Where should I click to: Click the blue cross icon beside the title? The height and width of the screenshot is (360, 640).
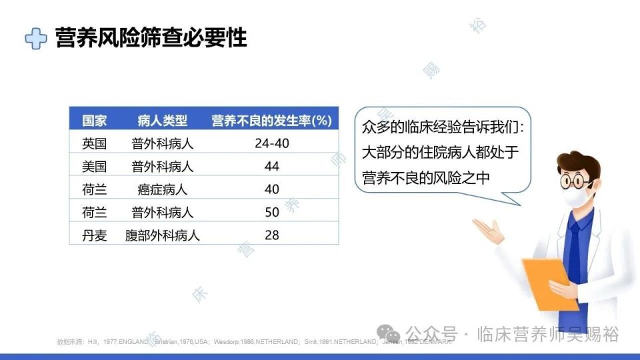(36, 38)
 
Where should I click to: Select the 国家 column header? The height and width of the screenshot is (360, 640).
(94, 121)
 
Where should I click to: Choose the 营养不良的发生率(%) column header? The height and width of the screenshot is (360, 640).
(271, 121)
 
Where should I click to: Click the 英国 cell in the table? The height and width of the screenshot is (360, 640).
(94, 143)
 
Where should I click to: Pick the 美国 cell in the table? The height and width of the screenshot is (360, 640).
(94, 166)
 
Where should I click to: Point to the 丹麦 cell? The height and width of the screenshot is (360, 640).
(94, 235)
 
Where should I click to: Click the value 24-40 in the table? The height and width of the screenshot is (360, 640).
(271, 143)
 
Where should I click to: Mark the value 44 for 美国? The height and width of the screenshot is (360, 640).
(271, 166)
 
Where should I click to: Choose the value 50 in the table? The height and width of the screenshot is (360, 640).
(271, 212)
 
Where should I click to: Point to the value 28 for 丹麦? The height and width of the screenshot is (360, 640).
(271, 235)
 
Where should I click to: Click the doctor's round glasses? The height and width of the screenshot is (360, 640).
(575, 179)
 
